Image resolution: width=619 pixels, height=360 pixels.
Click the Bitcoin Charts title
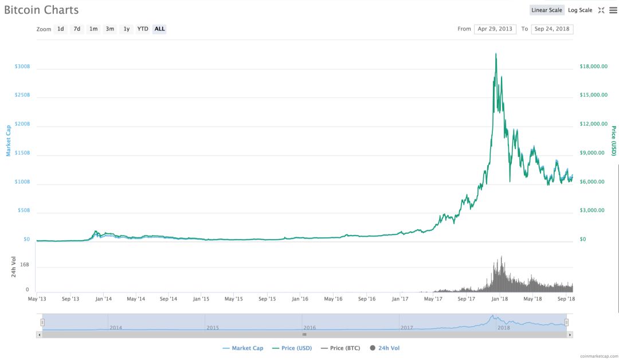[41, 10]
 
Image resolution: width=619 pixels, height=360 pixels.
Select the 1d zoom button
[60, 29]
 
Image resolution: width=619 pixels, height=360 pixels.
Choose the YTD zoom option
[143, 29]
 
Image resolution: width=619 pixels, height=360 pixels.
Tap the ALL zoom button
[159, 29]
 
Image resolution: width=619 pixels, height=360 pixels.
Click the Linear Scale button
[547, 10]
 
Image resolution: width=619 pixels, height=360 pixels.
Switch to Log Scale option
[580, 10]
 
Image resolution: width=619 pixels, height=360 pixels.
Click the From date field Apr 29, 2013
[495, 29]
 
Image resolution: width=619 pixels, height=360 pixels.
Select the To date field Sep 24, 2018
[552, 29]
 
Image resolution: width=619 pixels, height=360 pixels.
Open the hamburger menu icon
[613, 10]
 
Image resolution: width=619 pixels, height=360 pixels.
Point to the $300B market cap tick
[22, 66]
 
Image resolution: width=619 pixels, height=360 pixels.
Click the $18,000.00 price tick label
[594, 66]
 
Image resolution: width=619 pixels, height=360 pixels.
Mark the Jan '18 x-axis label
[500, 299]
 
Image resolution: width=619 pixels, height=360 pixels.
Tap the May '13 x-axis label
[37, 299]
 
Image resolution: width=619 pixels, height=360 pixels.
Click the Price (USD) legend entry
[292, 348]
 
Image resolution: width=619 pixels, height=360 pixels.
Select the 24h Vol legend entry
[389, 348]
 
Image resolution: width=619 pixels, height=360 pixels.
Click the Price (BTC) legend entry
[342, 348]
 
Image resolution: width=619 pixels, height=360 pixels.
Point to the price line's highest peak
[496, 54]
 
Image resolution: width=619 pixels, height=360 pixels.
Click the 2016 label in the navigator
[309, 327]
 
